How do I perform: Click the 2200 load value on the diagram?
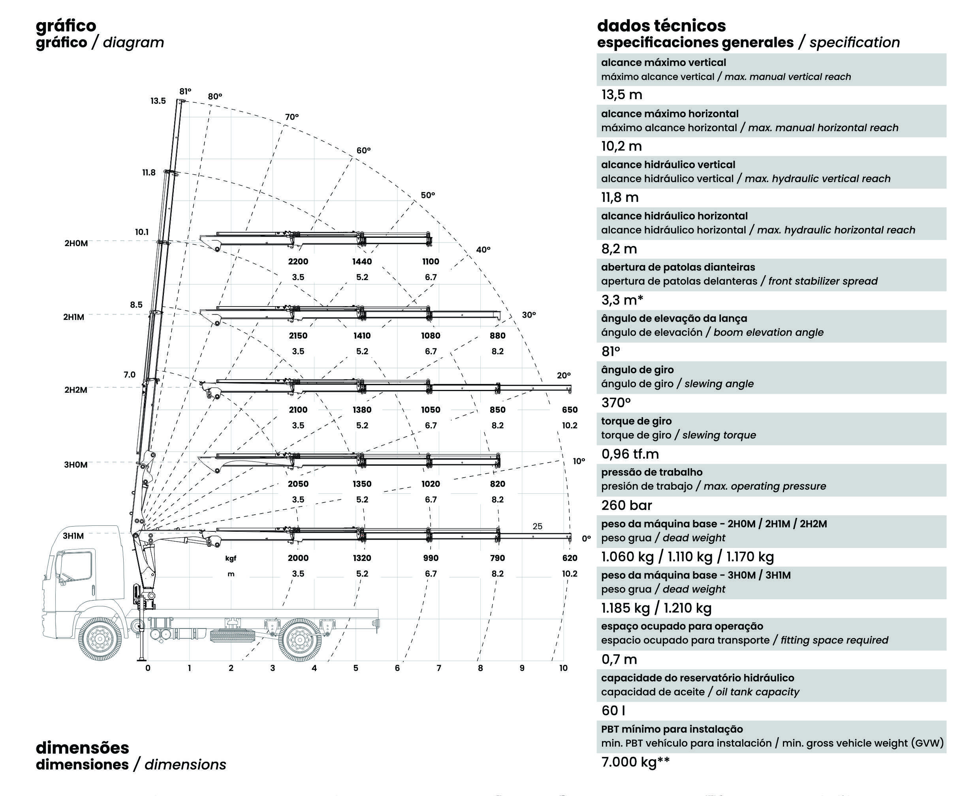[298, 262]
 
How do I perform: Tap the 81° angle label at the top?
[185, 91]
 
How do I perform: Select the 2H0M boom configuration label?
[76, 243]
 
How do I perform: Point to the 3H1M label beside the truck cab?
[73, 536]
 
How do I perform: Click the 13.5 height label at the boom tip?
[158, 101]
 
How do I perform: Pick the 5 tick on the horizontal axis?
[356, 668]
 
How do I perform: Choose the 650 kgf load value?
[570, 410]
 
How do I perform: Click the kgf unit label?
[231, 558]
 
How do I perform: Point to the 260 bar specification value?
[626, 505]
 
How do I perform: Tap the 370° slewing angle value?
[616, 403]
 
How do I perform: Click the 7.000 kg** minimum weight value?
[635, 762]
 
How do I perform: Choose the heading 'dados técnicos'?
[661, 26]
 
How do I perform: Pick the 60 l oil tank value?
[613, 710]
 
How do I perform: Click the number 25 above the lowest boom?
[537, 526]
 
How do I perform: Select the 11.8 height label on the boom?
[149, 172]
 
